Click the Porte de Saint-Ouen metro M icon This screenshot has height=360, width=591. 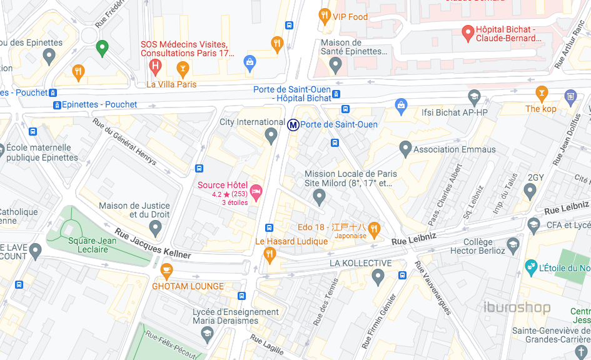click(293, 125)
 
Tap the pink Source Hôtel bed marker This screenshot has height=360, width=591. click(256, 191)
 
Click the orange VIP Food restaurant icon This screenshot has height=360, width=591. click(324, 16)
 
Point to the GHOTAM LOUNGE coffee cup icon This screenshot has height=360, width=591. click(166, 271)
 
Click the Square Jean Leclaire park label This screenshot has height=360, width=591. click(92, 245)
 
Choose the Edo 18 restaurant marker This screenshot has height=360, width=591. click(374, 228)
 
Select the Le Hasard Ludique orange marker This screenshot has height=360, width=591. click(270, 254)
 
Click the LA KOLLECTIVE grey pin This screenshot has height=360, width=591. click(378, 276)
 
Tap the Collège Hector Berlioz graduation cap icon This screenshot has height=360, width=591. click(513, 244)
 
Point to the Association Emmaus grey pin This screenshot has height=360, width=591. click(405, 149)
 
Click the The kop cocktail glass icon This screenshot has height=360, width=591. click(542, 94)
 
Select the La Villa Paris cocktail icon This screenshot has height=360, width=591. click(183, 67)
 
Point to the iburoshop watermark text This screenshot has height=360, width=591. click(517, 307)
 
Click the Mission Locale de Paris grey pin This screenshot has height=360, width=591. click(320, 197)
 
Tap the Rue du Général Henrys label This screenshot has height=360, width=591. click(124, 142)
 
